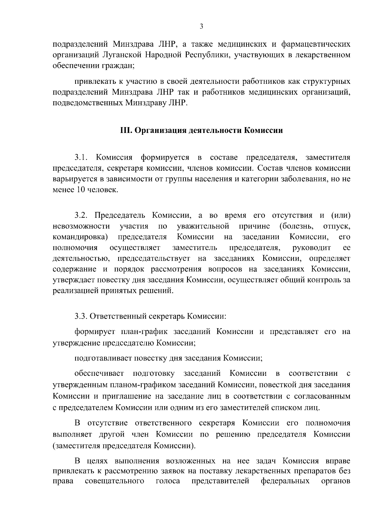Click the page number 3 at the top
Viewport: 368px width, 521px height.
[201, 27]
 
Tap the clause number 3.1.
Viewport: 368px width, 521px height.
[81, 158]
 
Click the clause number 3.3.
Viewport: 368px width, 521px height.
[81, 316]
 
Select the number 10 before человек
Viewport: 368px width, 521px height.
[75, 190]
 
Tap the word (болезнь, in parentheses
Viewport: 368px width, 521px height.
[296, 226]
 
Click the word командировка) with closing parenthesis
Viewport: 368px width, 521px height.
[80, 237]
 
